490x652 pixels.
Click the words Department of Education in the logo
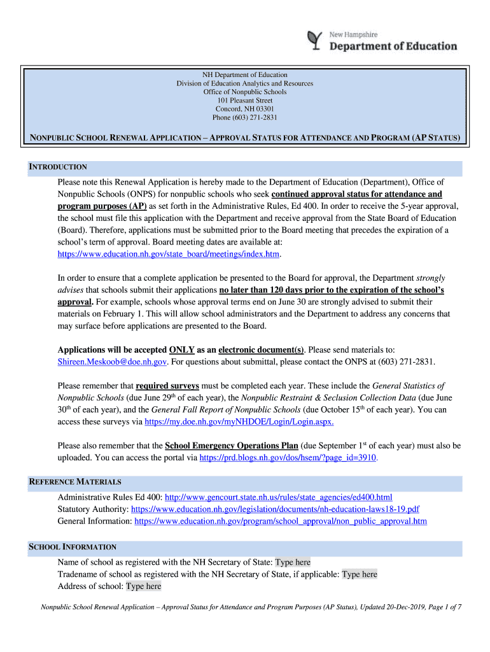coord(393,46)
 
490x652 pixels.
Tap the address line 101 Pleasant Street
coord(245,101)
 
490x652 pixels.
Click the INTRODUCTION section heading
coord(59,167)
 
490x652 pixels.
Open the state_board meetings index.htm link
coord(169,254)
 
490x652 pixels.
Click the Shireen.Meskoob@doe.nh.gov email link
coord(112,362)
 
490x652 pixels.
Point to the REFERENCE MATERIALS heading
coord(76,481)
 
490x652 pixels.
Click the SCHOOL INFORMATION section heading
coord(73,547)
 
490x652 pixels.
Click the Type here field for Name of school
coord(293,562)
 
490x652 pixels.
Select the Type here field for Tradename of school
coord(360,574)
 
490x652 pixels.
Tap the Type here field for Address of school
coord(144,586)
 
